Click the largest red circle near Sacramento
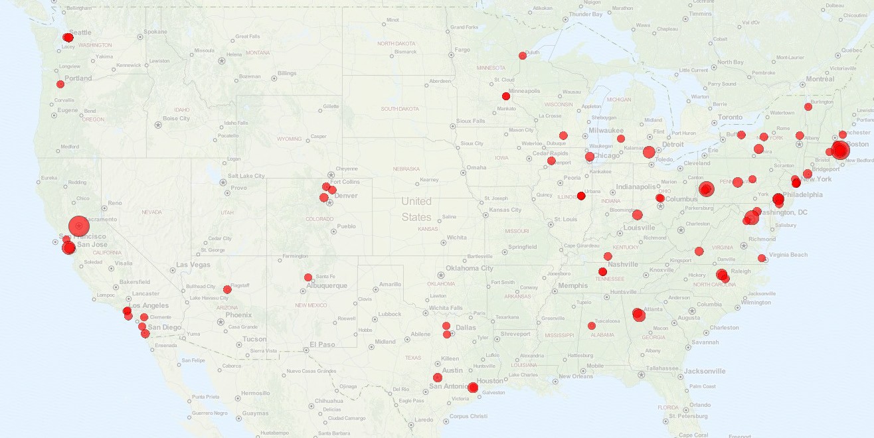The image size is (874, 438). point(78,226)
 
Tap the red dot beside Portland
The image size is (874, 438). point(60,84)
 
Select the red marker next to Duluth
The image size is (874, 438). point(523,56)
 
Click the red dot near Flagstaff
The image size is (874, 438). point(227,289)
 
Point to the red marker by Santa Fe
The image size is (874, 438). point(308,277)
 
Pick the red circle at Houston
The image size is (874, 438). point(473,388)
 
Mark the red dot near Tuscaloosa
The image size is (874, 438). point(592,326)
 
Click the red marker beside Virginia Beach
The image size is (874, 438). point(762,258)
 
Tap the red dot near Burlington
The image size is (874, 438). point(808,107)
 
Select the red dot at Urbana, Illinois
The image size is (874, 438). point(581,196)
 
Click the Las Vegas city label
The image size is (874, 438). point(193,265)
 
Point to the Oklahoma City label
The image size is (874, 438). point(470,268)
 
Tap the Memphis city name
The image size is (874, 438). point(572,286)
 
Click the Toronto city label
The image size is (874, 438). point(730,117)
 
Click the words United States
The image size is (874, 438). point(416,209)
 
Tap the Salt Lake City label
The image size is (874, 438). point(246,176)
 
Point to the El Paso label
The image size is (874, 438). point(323,344)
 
